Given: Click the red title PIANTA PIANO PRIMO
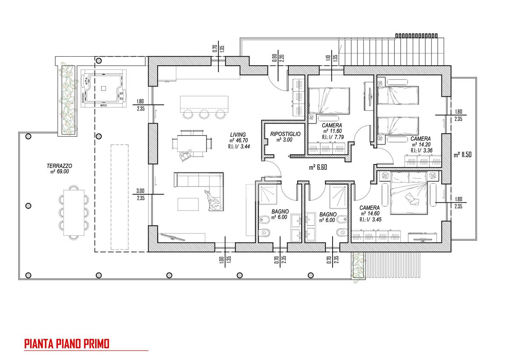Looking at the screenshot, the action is (x=67, y=344).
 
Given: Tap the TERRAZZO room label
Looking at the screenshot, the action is (x=59, y=166).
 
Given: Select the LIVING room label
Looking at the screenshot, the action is (x=238, y=135).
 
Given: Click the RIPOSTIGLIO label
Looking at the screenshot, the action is (x=285, y=134).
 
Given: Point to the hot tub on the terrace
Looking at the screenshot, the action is (x=104, y=88).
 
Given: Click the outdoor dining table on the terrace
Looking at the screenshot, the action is (x=74, y=213).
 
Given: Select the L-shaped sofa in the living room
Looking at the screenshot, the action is (x=199, y=191).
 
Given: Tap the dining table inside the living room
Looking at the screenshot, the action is (x=192, y=144).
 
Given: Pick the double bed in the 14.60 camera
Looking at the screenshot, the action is (x=408, y=193).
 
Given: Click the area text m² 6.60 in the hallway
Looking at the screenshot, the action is (x=318, y=167).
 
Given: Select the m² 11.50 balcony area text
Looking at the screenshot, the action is (x=462, y=155).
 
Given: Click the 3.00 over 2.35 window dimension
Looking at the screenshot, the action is (x=141, y=194).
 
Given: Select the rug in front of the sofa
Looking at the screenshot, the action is (x=188, y=204).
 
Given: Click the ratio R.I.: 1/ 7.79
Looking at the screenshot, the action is (x=333, y=137).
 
